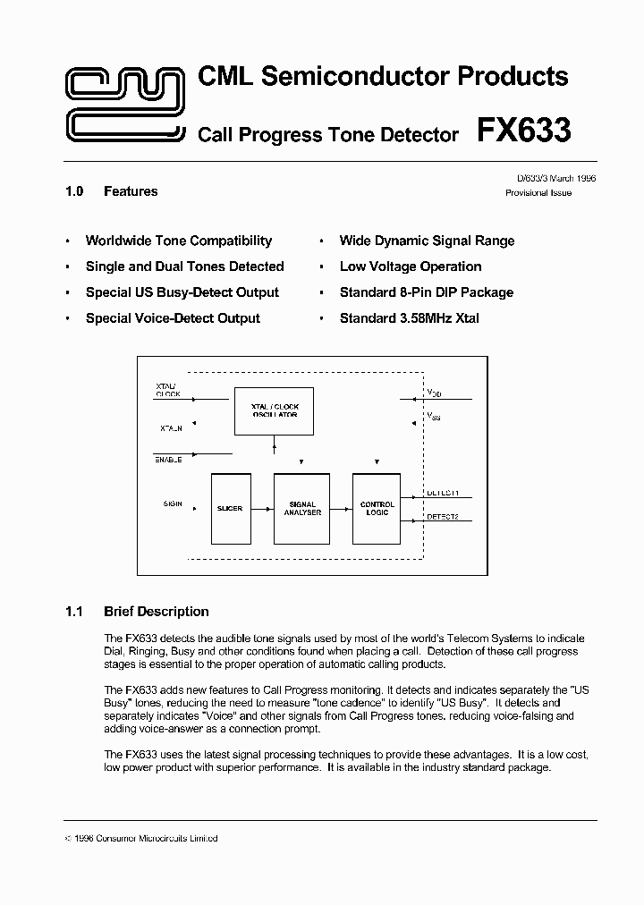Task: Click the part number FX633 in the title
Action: tap(523, 131)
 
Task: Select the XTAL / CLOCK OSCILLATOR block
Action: tap(275, 410)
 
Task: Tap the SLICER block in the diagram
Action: tap(230, 508)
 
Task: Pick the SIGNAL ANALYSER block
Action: tap(302, 508)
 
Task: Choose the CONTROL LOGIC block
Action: tap(377, 508)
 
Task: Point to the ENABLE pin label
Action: tap(168, 459)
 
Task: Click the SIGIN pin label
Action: tap(173, 503)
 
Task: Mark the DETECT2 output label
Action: tap(443, 516)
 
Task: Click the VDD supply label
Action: tap(434, 393)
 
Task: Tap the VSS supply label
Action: tap(434, 416)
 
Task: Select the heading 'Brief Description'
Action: tap(157, 612)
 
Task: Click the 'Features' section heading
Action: tap(131, 191)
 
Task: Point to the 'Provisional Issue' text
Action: tap(538, 193)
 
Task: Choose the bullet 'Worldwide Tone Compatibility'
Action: tap(178, 241)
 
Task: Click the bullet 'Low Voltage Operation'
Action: tap(411, 266)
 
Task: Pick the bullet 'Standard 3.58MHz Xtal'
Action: tap(410, 318)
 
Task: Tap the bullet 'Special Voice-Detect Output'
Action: tap(173, 318)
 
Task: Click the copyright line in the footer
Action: tap(142, 838)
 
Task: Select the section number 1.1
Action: tap(74, 612)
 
